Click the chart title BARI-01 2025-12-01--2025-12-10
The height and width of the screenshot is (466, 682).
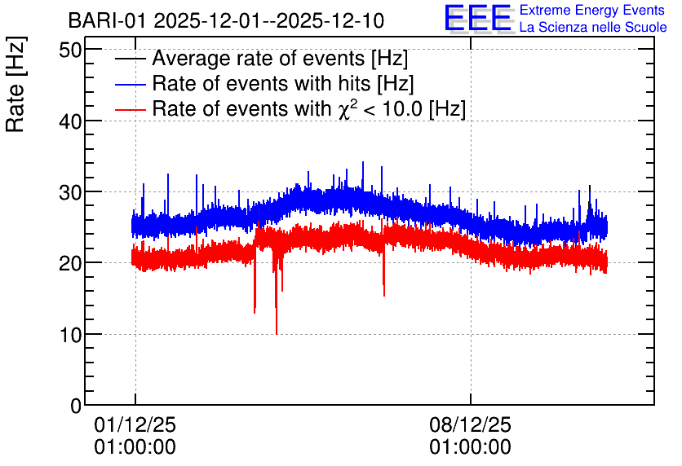pyautogui.click(x=226, y=20)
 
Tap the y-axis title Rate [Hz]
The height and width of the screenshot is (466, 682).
pyautogui.click(x=15, y=84)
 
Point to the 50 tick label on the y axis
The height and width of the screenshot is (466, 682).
pyautogui.click(x=70, y=51)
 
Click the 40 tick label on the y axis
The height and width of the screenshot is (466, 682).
pyautogui.click(x=70, y=121)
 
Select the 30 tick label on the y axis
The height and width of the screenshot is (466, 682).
pyautogui.click(x=70, y=192)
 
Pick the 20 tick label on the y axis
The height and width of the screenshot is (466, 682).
pyautogui.click(x=70, y=263)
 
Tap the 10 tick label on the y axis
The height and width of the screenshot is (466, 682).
pyautogui.click(x=70, y=335)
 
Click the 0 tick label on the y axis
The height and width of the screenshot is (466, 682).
pyautogui.click(x=76, y=406)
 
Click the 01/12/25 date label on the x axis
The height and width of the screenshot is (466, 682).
pyautogui.click(x=135, y=424)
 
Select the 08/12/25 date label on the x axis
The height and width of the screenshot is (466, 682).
pyautogui.click(x=470, y=424)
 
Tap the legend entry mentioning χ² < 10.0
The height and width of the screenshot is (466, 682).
pyautogui.click(x=309, y=108)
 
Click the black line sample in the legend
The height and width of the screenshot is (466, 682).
pyautogui.click(x=130, y=59)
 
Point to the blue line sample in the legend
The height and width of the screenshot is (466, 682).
pyautogui.click(x=130, y=84)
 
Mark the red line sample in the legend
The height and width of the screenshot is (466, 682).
pyautogui.click(x=130, y=109)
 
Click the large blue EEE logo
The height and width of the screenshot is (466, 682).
pyautogui.click(x=478, y=18)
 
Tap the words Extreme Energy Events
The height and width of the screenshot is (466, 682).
pyautogui.click(x=592, y=10)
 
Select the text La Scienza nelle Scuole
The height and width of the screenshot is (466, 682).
pyautogui.click(x=593, y=28)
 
